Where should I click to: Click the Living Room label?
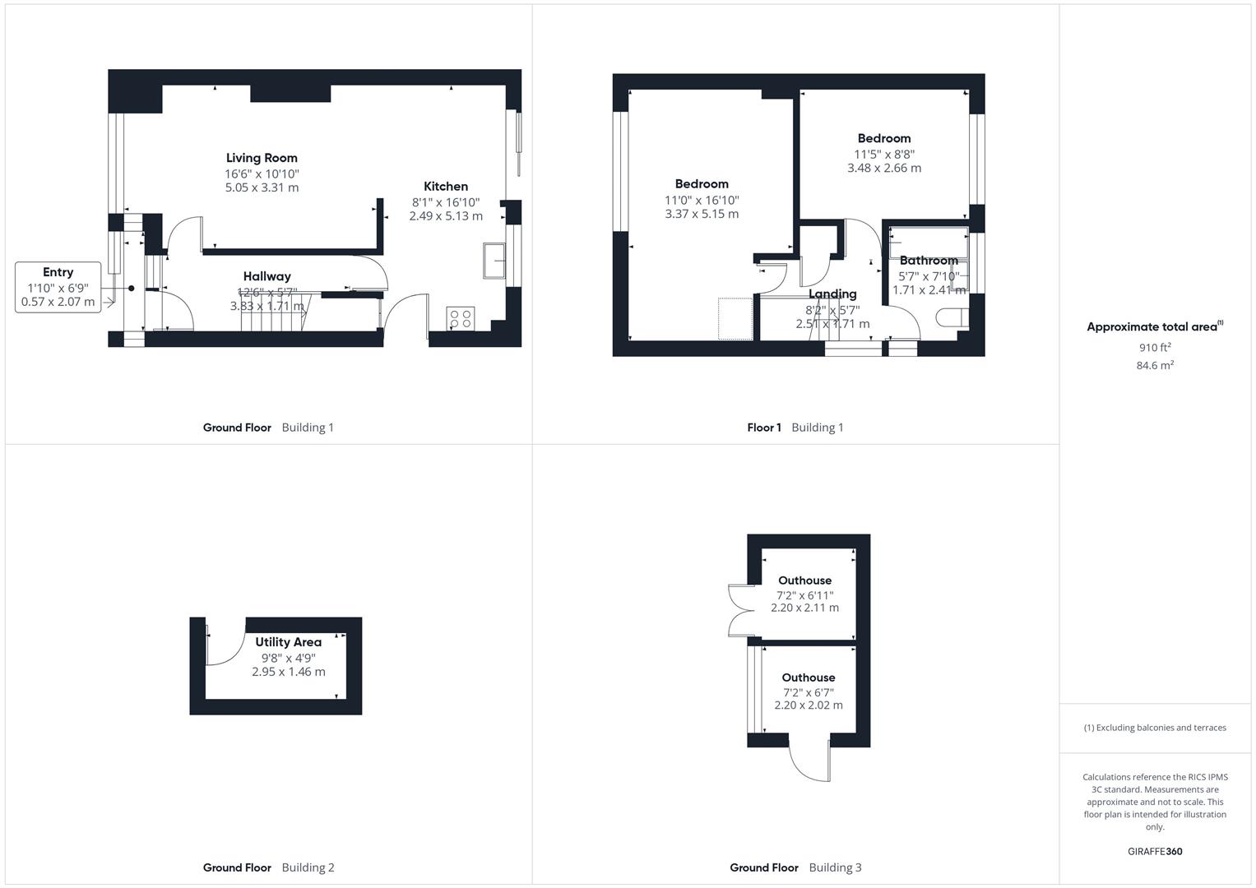coord(262,158)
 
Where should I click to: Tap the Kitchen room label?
coord(445,187)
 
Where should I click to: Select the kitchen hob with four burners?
coord(461,318)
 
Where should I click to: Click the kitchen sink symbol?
coord(495,261)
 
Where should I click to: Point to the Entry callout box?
coord(58,288)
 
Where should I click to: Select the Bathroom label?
coord(929,261)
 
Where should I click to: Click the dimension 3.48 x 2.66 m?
coord(884,168)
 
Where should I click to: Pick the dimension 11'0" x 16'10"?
coord(702,200)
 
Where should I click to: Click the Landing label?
coord(832,294)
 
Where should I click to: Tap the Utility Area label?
coord(288,642)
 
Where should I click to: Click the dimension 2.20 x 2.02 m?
coord(808,705)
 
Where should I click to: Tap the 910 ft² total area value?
coord(1154,347)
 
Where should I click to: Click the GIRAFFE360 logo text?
coord(1154,852)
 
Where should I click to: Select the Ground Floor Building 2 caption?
coord(268,867)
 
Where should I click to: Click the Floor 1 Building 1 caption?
coord(795,428)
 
